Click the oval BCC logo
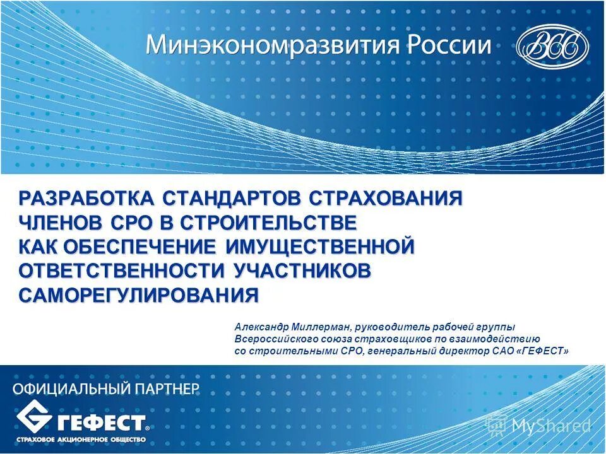pyautogui.click(x=552, y=47)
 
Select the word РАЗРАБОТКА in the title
pyautogui.click(x=86, y=198)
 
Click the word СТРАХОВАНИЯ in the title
pyautogui.click(x=386, y=198)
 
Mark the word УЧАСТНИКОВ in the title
pyautogui.click(x=302, y=271)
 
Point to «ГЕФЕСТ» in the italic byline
pyautogui.click(x=542, y=351)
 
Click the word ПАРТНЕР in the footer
pyautogui.click(x=165, y=388)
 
